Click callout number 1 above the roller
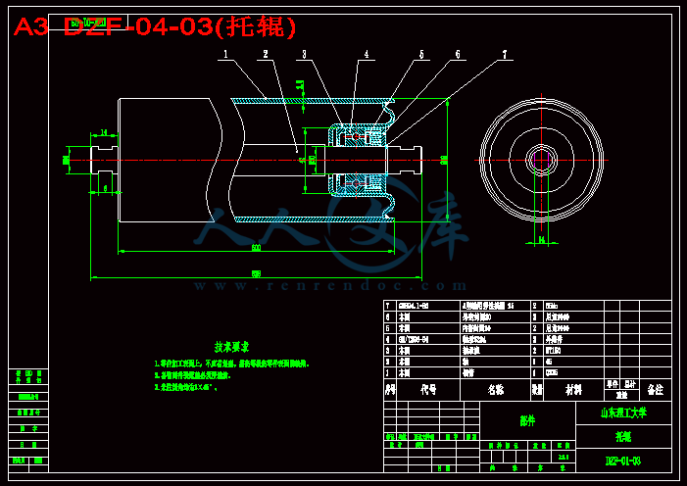[x=225, y=55]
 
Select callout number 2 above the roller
[x=265, y=55]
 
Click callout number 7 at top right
[x=505, y=55]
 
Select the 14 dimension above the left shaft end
[x=103, y=132]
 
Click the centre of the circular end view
[x=540, y=159]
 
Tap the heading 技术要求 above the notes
[x=232, y=346]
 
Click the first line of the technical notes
[x=231, y=364]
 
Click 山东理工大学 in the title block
[x=623, y=413]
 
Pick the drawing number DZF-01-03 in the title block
[x=623, y=461]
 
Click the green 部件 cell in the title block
[x=527, y=421]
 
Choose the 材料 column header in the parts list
[x=573, y=389]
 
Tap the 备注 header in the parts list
[x=655, y=389]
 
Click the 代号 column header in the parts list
[x=428, y=389]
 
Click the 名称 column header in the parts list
[x=496, y=389]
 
